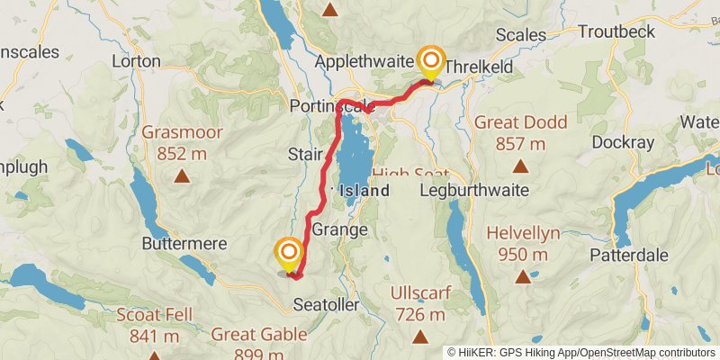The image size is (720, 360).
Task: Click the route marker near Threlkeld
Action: [x=431, y=63]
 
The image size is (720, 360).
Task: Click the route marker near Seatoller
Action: [x=289, y=254]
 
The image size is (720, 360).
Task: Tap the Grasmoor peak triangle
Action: [x=182, y=176]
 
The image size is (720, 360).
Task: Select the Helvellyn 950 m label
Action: [x=523, y=243]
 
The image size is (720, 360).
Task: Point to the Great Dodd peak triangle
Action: [x=519, y=166]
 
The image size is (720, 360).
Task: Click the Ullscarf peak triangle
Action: [x=419, y=337]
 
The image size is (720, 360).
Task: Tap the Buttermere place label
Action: [x=177, y=243]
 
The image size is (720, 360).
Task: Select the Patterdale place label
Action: [x=629, y=255]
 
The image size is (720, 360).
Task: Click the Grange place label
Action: [x=339, y=229]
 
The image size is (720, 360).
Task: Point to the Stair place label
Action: [x=306, y=155]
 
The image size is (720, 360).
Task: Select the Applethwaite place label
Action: [x=364, y=62]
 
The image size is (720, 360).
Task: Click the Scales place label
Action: [x=521, y=35]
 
